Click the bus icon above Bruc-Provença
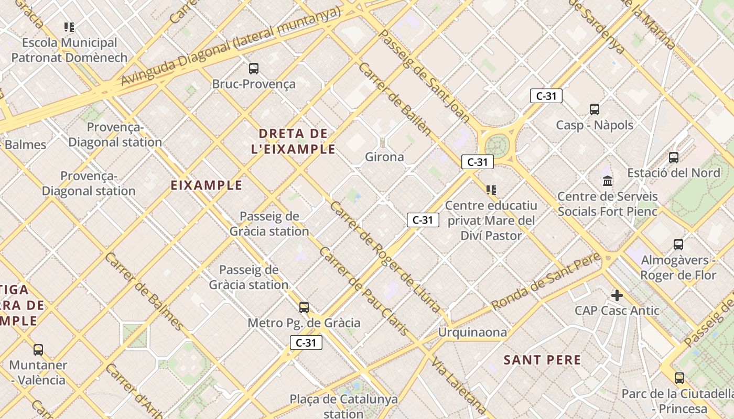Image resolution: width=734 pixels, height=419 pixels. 254,69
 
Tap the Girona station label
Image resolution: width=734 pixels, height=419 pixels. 384,157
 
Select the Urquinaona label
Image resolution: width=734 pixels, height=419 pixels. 472,332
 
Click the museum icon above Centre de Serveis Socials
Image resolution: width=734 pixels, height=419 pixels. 608,181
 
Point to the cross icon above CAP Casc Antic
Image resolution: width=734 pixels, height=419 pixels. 617,295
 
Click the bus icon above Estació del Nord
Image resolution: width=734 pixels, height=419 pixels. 674,157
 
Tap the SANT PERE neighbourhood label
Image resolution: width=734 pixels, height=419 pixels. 542,360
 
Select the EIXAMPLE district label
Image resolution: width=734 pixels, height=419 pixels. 207,185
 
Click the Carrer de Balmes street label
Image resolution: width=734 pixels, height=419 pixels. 144,292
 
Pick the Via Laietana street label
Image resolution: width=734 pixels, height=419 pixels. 459,387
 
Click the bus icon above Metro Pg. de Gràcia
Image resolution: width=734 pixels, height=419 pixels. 304,307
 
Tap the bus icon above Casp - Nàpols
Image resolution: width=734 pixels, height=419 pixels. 594,109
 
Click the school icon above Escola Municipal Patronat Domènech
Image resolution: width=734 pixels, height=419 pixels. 69,27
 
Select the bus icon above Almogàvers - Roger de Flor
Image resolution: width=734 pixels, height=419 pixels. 678,244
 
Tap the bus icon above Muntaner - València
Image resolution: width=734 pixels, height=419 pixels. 38,349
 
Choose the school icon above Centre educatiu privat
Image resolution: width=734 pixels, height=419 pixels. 491,190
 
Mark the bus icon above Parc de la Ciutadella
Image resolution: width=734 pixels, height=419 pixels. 679,378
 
